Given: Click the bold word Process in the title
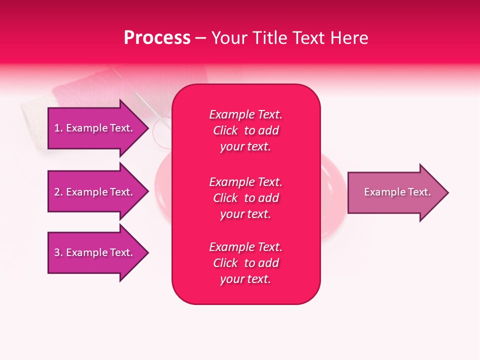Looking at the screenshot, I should point(157,38).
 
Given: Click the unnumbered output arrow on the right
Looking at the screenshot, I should point(390,192).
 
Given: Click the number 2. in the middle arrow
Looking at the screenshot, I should point(58,192).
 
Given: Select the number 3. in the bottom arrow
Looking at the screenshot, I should point(58,252).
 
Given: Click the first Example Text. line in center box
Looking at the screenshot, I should point(245,114).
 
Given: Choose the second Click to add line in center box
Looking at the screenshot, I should point(245,198).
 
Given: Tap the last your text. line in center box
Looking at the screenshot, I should point(245,279).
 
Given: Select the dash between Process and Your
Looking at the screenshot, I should point(200,38).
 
